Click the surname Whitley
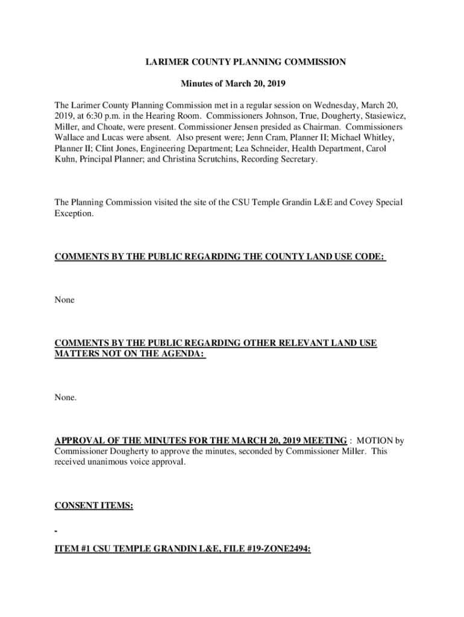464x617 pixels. pyautogui.click(x=375, y=137)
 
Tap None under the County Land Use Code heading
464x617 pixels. pyautogui.click(x=64, y=299)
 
